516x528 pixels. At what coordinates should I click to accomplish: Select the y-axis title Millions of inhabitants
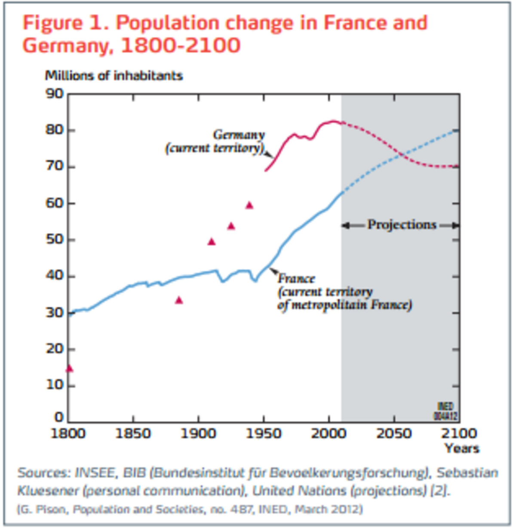coord(114,76)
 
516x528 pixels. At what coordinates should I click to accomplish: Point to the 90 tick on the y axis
coord(55,93)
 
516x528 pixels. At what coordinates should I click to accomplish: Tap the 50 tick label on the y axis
coord(55,240)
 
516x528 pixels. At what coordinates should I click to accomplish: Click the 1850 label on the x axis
coord(133,433)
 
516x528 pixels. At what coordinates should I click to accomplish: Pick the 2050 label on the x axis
coord(394,433)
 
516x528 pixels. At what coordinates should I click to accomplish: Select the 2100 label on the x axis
coord(458,433)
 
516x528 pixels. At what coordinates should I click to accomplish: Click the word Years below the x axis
coord(462,448)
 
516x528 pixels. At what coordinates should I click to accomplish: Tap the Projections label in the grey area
coord(402,225)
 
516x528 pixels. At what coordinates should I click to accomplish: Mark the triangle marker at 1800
coord(69,368)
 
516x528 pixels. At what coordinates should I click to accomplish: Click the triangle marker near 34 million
coord(179,300)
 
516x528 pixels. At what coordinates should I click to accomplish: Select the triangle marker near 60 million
coord(249,205)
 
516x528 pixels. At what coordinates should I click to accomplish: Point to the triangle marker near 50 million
coord(211,241)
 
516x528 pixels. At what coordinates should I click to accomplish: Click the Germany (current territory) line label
coord(215,141)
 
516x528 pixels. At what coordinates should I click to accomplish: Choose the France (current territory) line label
coord(344,292)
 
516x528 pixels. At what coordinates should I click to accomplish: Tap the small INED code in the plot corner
coord(445,411)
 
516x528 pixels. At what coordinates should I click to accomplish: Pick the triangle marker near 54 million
coord(231,226)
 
